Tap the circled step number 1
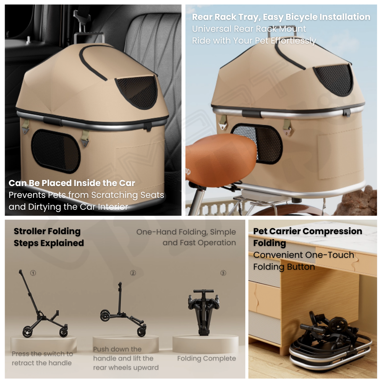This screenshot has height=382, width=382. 33,273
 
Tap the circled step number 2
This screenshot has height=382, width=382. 133,273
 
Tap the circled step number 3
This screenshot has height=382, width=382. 223,273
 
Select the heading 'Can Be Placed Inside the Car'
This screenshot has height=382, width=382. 72,183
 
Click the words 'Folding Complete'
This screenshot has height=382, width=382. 207,358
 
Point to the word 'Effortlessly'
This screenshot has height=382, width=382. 293,41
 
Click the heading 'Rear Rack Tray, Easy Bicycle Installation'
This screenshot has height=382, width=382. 281,17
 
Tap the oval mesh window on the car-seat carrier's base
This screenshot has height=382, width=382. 56,151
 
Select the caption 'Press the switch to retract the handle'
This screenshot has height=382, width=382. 42,358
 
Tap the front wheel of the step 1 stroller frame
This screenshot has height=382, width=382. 27,332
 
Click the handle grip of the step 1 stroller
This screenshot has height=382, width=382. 21,272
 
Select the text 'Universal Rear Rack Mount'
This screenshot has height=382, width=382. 249,29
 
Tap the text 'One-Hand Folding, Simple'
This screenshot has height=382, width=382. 186,232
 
